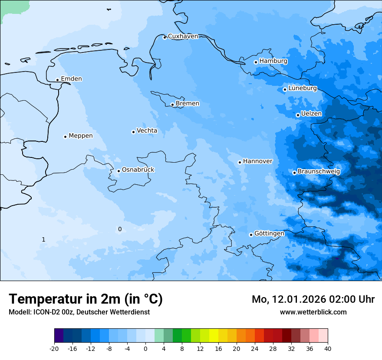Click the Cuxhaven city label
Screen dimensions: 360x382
183,36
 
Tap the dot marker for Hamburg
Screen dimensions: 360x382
256,62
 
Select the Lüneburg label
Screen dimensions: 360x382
302,88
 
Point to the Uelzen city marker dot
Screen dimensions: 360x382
298,115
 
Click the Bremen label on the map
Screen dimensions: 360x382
188,104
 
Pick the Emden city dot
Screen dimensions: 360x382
57,80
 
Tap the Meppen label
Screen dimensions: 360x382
81,136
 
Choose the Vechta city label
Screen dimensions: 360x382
147,131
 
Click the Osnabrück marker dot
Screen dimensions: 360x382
119,171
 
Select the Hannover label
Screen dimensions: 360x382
257,161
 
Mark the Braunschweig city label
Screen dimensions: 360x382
319,172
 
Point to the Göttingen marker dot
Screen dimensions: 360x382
251,235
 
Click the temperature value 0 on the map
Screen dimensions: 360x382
120,229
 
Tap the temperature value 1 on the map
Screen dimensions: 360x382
43,239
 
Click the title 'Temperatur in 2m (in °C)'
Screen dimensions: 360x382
86,299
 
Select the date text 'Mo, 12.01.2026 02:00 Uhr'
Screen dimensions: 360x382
313,299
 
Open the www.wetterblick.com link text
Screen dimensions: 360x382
313,312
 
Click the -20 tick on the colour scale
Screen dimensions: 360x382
54,349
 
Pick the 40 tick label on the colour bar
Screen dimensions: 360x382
328,349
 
